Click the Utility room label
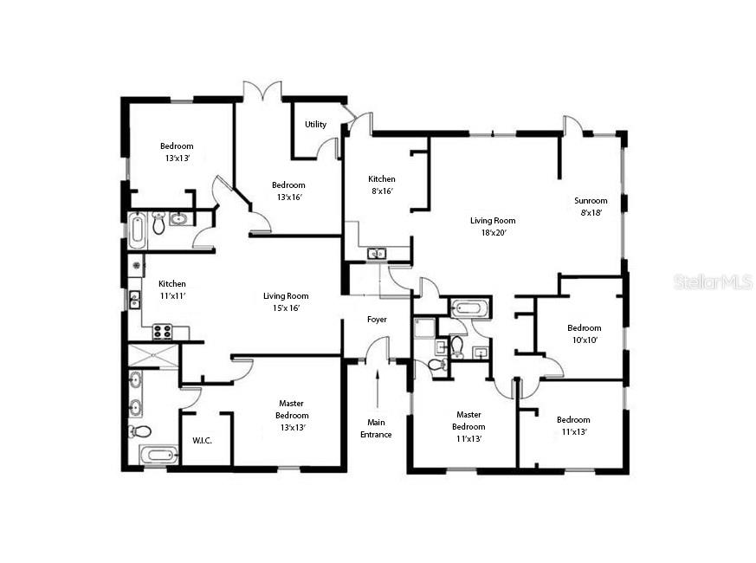click(x=315, y=125)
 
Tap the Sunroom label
click(x=591, y=201)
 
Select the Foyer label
click(x=377, y=320)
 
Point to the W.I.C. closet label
click(x=202, y=440)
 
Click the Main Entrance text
click(x=376, y=428)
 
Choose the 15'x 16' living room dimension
click(x=286, y=308)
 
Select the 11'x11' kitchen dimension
click(x=171, y=296)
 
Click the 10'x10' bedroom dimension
click(x=584, y=340)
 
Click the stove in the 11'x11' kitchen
click(x=162, y=331)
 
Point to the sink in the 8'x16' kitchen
click(x=377, y=254)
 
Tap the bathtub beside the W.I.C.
click(x=158, y=455)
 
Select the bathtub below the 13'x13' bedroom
click(x=138, y=230)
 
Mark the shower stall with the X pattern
click(x=152, y=355)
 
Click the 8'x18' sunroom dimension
click(x=591, y=212)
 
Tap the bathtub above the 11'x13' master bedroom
click(x=469, y=307)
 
